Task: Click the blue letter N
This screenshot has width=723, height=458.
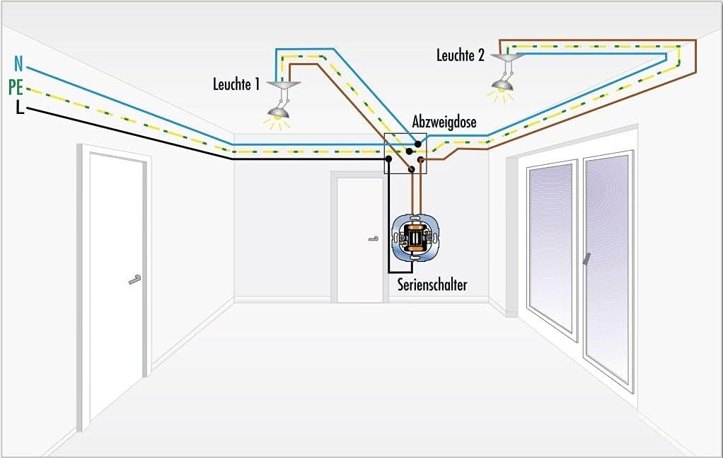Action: (18, 66)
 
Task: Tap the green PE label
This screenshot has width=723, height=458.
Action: (16, 88)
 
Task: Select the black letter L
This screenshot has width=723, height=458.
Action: (19, 108)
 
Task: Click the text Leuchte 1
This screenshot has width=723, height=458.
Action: (236, 84)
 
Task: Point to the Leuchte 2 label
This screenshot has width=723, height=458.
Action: (461, 56)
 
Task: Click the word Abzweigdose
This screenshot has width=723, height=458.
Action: (444, 122)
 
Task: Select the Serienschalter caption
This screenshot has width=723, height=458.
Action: (432, 285)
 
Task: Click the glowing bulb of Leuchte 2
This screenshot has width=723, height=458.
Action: (502, 88)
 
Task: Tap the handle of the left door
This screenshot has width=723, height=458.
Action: (134, 280)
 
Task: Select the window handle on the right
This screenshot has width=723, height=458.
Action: (586, 260)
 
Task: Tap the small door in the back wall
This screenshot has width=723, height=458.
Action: (359, 239)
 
